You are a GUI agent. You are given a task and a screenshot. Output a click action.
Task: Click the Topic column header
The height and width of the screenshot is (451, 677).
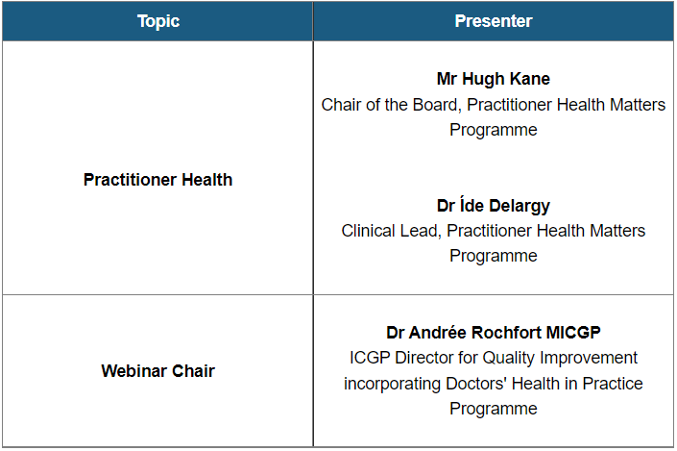coord(158,21)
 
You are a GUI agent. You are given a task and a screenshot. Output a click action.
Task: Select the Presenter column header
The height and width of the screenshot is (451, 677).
coord(494,21)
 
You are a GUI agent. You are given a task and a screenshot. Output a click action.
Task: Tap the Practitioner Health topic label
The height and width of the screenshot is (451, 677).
coord(158,180)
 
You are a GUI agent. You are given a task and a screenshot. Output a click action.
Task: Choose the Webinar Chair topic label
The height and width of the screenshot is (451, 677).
coord(158,371)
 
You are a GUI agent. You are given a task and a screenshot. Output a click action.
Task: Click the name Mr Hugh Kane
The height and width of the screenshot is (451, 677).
coord(494,80)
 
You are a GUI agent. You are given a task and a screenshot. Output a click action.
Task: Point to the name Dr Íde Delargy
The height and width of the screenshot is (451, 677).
coord(494,206)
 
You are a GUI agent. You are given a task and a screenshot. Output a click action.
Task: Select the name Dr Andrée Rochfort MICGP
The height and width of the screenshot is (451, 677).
coord(494,333)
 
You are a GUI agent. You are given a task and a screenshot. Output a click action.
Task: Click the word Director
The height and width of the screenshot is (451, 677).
coord(434,358)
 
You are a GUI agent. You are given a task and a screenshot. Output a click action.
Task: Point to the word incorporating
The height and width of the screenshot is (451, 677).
coord(390,384)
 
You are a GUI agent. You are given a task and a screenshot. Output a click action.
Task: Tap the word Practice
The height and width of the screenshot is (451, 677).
coord(610,384)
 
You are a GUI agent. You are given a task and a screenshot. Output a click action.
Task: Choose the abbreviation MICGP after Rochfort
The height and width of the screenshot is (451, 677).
coord(572,333)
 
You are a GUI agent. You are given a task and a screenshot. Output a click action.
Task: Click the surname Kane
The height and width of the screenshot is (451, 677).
coord(529,80)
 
